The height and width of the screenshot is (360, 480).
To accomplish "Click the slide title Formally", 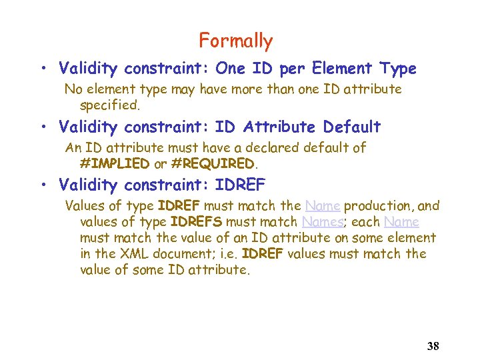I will click(x=235, y=41).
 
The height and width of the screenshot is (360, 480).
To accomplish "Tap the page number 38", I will click(x=433, y=346).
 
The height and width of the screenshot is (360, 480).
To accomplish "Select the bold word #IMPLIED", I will click(x=114, y=163).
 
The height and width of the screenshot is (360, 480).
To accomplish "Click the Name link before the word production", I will click(x=323, y=206).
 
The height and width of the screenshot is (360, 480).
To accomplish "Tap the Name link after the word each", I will click(x=401, y=222).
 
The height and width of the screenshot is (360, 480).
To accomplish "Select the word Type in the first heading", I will click(x=397, y=69).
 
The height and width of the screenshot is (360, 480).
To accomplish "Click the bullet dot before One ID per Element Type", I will click(x=42, y=69).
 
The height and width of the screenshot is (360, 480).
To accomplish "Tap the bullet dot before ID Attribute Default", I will click(x=42, y=127).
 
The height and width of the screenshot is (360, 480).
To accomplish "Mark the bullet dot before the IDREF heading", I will click(x=42, y=185).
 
